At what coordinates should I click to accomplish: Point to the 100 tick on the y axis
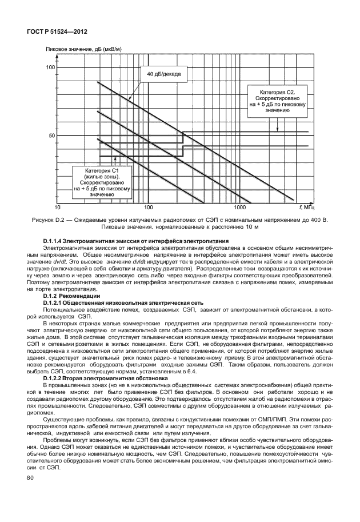(x=50, y=67)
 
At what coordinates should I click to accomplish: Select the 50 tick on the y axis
(x=51, y=136)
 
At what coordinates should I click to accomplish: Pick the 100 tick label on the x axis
(x=148, y=206)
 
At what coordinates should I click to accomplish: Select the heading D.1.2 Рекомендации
(x=72, y=296)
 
